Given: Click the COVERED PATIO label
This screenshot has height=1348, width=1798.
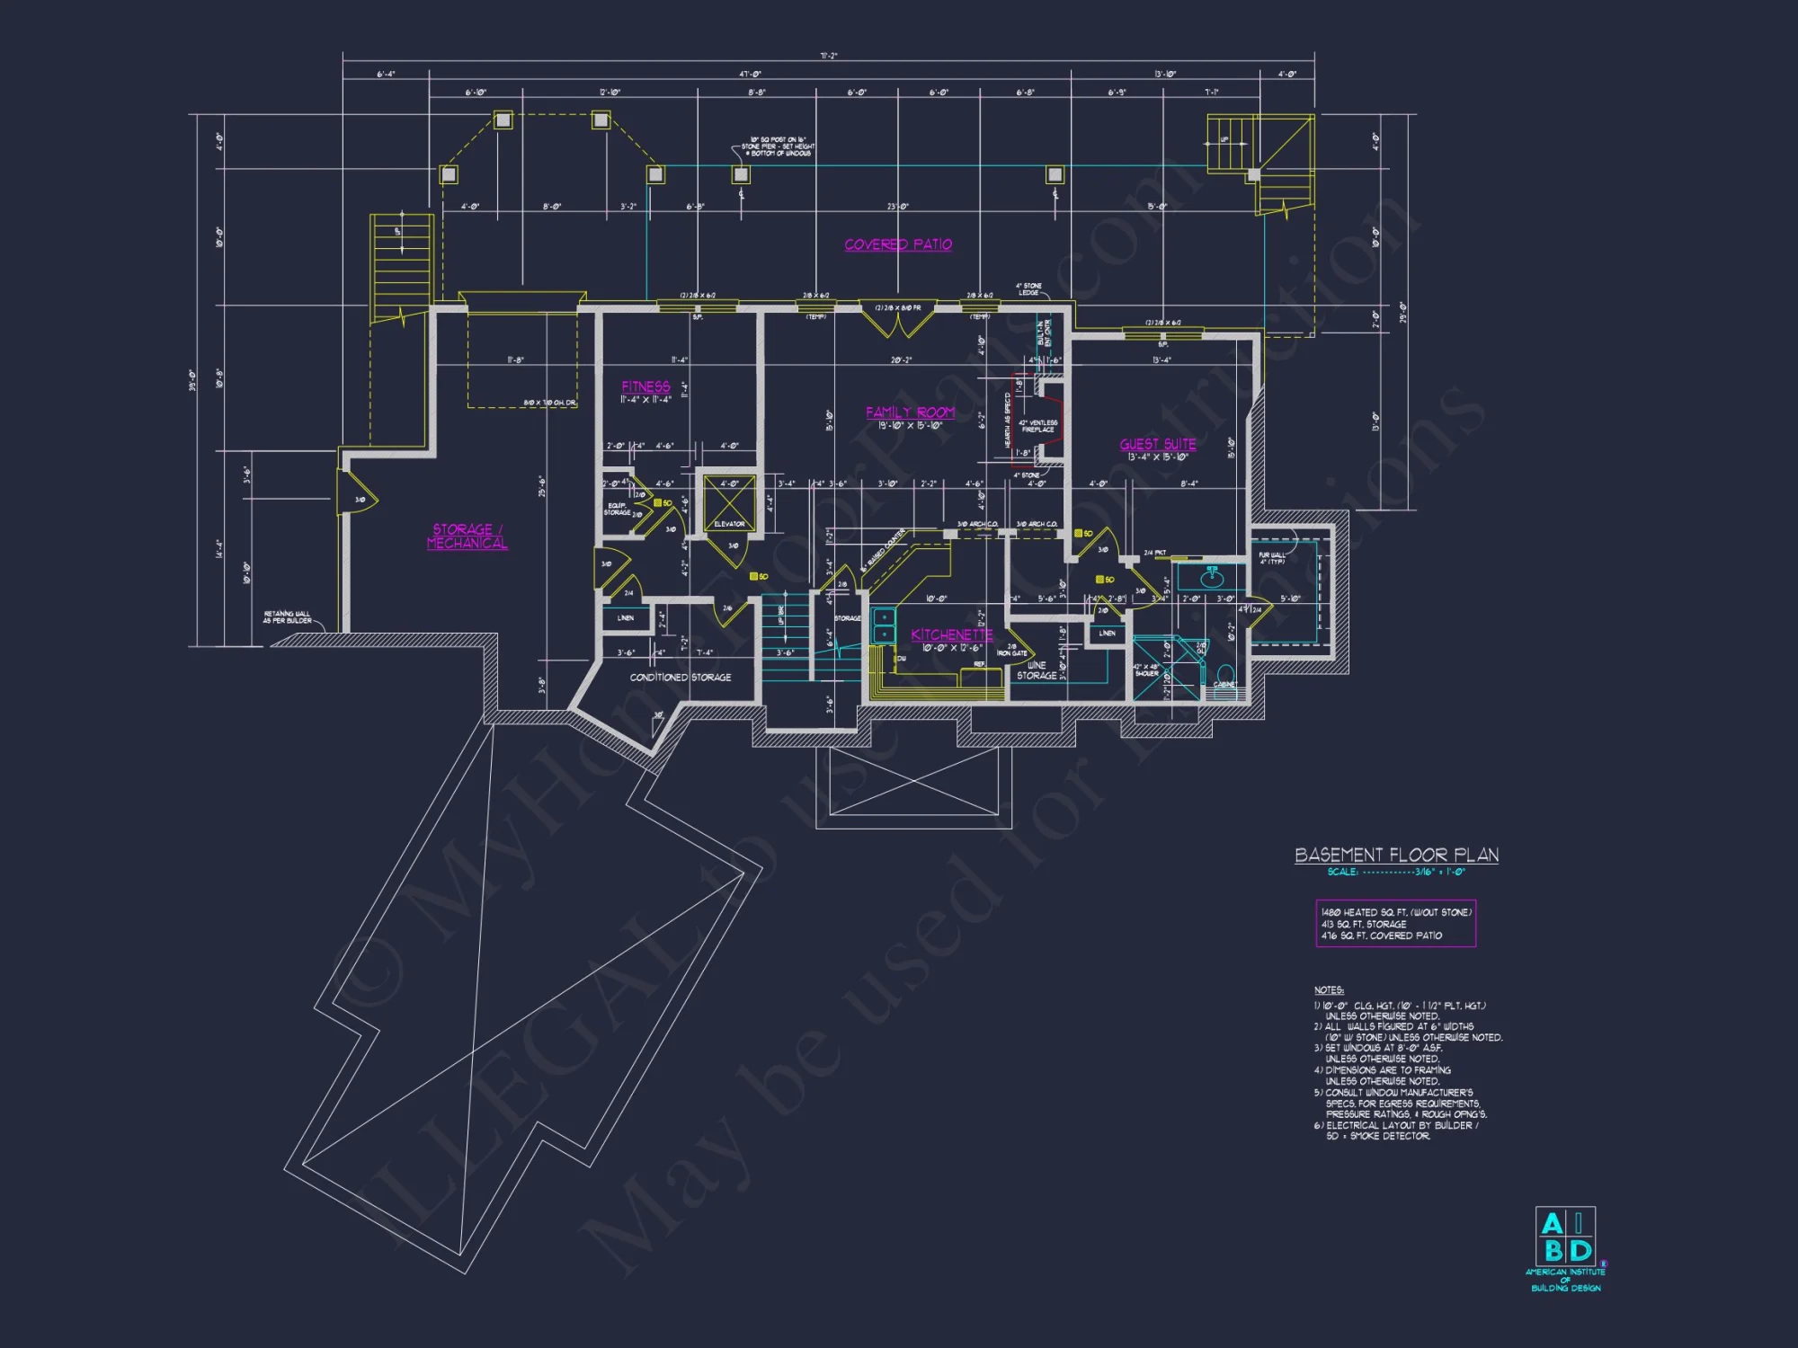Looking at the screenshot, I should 898,244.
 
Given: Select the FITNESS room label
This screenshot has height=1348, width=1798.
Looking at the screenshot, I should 645,386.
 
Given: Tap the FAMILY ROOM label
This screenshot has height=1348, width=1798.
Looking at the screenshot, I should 910,412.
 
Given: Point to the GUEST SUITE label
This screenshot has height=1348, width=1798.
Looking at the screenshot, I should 1158,444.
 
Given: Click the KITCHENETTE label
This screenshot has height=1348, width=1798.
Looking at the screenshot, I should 951,634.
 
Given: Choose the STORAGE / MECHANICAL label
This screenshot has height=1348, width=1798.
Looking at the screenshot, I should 467,537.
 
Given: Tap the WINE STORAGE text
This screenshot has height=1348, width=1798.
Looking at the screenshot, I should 1037,670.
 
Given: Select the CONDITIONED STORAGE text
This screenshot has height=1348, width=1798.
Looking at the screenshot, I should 680,678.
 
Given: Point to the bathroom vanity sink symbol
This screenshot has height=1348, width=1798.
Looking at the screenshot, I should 1211,576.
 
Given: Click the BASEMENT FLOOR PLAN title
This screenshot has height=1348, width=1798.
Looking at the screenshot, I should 1396,855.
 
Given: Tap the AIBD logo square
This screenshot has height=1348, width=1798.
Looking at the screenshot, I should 1565,1237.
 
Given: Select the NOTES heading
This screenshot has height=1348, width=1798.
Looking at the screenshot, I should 1329,989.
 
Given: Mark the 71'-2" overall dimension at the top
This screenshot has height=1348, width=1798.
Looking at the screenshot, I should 828,56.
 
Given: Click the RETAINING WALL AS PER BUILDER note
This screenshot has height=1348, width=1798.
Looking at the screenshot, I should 288,617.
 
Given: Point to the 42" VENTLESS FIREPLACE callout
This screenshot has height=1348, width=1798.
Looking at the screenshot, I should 1037,426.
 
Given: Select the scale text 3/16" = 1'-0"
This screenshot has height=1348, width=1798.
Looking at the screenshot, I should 1439,872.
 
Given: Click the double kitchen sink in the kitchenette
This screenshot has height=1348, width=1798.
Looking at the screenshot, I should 884,625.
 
